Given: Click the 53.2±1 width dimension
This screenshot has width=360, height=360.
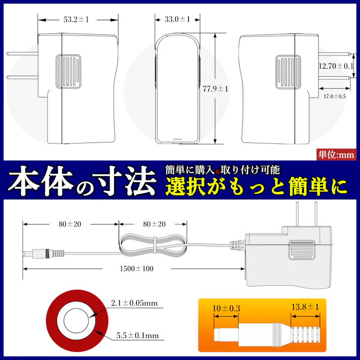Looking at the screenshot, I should pyautogui.click(x=76, y=20).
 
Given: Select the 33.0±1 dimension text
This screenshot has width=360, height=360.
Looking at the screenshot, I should pyautogui.click(x=177, y=20).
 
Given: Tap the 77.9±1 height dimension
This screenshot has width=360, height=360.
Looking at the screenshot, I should pyautogui.click(x=215, y=88).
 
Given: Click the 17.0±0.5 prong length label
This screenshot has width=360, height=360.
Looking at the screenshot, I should pyautogui.click(x=334, y=96).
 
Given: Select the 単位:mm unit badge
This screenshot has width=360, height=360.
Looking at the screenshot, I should pyautogui.click(x=337, y=155).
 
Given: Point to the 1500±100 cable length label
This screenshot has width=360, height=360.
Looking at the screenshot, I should pyautogui.click(x=136, y=268).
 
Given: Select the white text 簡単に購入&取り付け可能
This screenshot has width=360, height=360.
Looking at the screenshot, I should pyautogui.click(x=223, y=170).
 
